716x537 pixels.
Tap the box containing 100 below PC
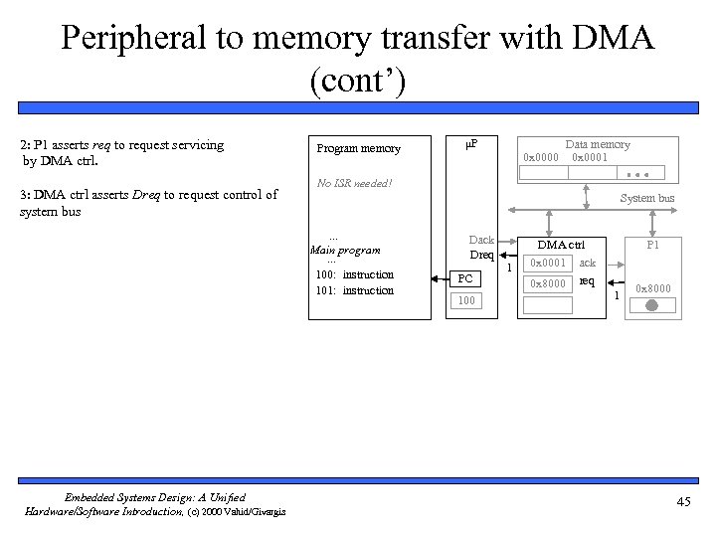466,299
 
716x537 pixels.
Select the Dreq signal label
481,256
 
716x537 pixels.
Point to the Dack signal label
481,240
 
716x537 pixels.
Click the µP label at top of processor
471,145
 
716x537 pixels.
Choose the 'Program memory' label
358,149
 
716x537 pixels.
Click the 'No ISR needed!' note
354,183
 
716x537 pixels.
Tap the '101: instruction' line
354,290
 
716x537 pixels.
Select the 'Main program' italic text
346,251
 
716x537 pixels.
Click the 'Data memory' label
598,144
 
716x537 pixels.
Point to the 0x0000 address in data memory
541,158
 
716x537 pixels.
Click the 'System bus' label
647,198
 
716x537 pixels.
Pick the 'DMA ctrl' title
561,244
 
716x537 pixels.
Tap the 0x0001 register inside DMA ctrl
548,264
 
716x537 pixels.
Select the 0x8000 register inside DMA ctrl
548,283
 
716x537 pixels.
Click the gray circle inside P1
651,306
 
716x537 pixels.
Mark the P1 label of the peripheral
653,244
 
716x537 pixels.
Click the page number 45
683,502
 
